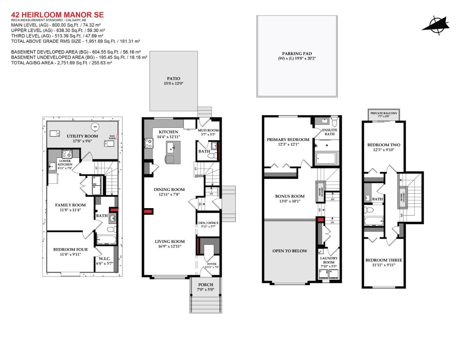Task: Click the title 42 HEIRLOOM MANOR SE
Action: coord(57,15)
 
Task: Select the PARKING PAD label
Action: coord(297,54)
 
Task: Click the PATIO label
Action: coord(173,79)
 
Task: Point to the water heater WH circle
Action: coord(95,127)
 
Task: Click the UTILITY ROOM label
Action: coord(82,136)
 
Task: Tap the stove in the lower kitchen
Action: coord(67,154)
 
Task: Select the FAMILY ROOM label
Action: coord(70,205)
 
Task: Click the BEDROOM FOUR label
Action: coord(70,250)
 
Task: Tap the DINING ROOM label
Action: coord(169,189)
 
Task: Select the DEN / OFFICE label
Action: coord(208,223)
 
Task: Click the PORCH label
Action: coord(205,285)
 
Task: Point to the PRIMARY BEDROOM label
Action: coord(288,140)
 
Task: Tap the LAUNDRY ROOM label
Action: coord(329,260)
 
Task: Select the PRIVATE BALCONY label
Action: coord(384,113)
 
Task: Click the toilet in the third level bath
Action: coord(369,210)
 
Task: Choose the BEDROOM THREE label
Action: coord(384,260)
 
